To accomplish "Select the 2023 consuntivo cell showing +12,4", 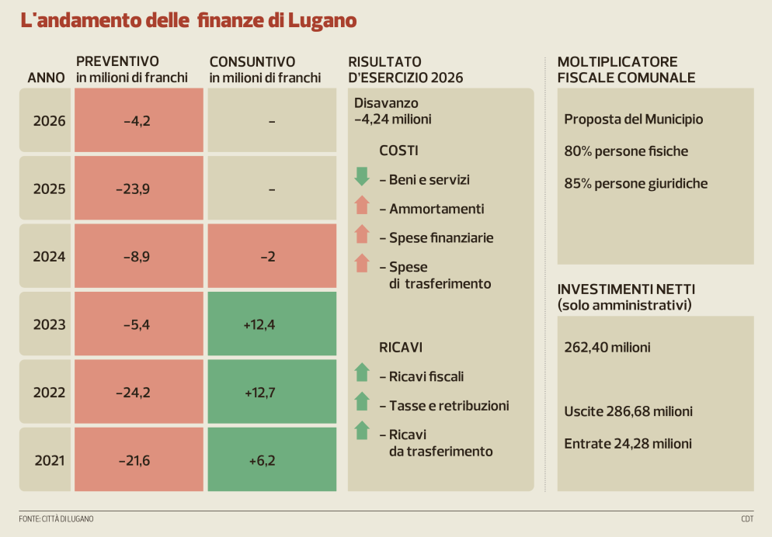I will [259, 324].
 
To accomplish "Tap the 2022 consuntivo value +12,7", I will [259, 393].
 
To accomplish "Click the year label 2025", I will [50, 189].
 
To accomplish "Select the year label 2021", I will [50, 460].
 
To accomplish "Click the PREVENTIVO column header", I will [117, 61].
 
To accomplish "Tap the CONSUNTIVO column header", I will [252, 61].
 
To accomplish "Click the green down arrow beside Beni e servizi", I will [361, 176].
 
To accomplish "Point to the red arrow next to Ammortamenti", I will [361, 206].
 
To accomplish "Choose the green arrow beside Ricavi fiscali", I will [361, 373].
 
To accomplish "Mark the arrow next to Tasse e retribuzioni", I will [361, 402].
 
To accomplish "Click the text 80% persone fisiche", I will [626, 151].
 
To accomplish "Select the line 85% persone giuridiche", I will [635, 183].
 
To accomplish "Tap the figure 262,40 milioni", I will [607, 347].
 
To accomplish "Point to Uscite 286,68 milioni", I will [628, 411].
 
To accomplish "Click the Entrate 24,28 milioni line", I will [628, 443].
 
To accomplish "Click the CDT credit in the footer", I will [746, 518].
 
